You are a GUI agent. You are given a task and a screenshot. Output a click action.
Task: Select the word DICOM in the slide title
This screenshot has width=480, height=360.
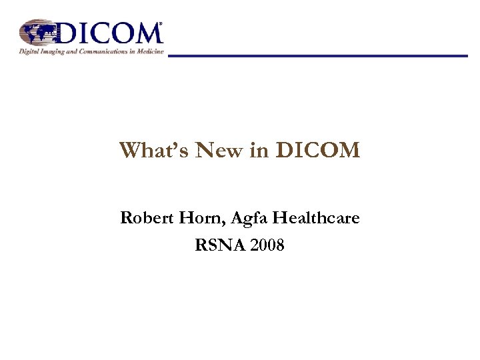coord(318,151)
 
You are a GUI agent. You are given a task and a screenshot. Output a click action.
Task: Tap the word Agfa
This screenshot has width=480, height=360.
coord(243,218)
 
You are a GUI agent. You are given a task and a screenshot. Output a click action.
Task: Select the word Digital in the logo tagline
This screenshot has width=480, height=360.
coord(29,51)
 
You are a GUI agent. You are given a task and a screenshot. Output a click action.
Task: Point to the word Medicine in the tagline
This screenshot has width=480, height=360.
coord(150,51)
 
